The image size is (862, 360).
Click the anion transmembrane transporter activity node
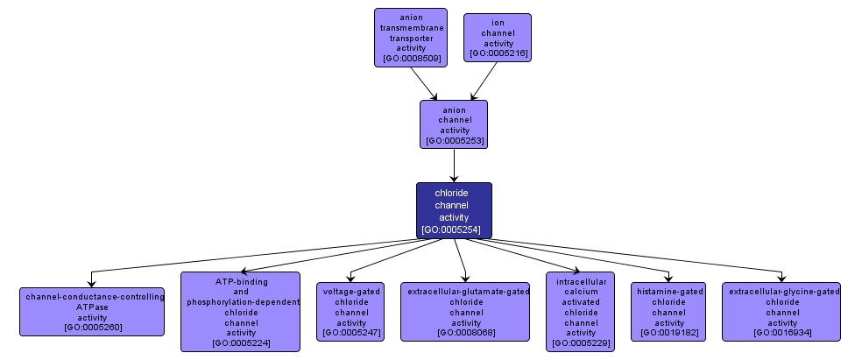(410, 37)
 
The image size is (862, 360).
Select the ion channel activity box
(498, 37)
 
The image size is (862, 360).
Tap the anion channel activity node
(454, 124)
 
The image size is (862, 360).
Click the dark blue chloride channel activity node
(454, 210)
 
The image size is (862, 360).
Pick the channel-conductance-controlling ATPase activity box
(92, 312)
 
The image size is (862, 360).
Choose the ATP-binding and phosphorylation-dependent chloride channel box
(240, 312)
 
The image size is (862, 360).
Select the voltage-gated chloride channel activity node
(351, 312)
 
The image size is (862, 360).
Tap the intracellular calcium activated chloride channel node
(580, 312)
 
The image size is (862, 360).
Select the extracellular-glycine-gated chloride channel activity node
(781, 312)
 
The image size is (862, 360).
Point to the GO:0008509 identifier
(411, 59)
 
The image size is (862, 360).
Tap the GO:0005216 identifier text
(498, 54)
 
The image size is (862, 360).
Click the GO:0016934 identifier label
(781, 333)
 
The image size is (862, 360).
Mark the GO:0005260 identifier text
(92, 328)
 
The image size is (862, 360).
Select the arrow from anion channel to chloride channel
(454, 165)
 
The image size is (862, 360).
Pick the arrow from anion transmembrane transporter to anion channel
(424, 84)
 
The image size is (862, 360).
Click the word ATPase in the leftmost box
(92, 307)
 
